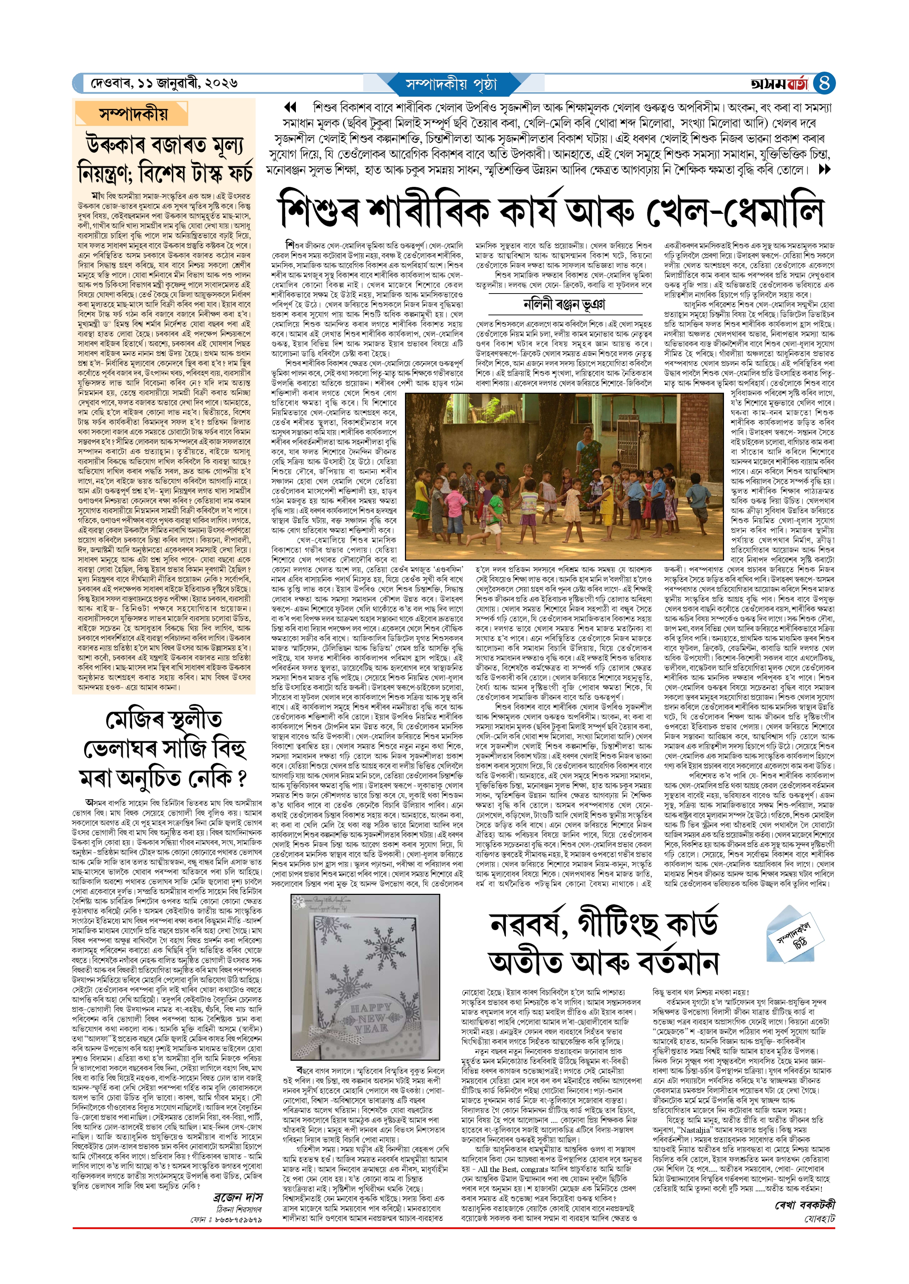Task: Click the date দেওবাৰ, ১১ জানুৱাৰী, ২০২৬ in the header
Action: coord(164,83)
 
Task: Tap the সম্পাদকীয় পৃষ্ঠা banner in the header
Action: coord(451,85)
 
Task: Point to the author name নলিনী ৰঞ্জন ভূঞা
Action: coord(564,305)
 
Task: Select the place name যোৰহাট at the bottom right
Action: coord(820,1203)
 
